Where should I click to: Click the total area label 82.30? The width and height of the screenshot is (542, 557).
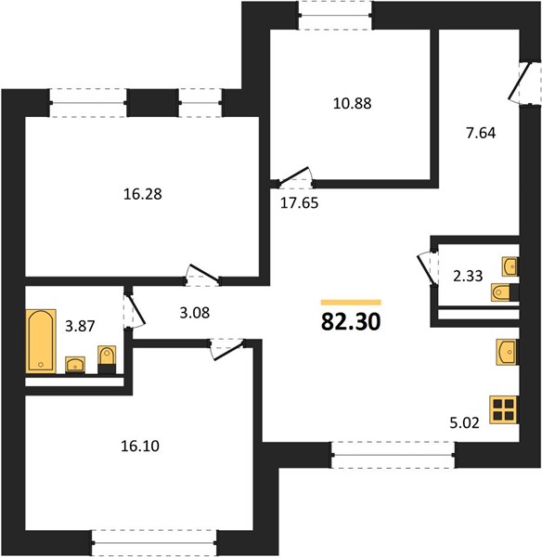[x=351, y=322]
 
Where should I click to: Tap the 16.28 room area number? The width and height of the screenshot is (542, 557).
[x=142, y=194]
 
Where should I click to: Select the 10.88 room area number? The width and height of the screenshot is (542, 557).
[x=353, y=103]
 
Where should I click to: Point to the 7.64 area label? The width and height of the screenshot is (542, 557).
[x=481, y=133]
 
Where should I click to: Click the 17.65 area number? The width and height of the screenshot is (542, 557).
[x=300, y=203]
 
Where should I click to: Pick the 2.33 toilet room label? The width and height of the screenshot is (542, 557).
[x=468, y=276]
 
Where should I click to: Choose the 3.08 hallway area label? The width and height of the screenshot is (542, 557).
[x=195, y=313]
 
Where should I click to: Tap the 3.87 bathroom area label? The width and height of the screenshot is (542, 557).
[x=80, y=326]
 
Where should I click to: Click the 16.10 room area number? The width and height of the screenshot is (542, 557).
[x=140, y=446]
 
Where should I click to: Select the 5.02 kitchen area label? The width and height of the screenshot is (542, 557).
[x=465, y=423]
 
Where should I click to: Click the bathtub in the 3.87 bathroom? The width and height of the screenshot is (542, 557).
[x=41, y=341]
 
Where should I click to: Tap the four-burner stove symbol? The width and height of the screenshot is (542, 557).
[x=504, y=409]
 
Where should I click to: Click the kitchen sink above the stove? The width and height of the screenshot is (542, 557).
[x=508, y=352]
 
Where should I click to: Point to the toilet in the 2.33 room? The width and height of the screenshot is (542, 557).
[x=505, y=292]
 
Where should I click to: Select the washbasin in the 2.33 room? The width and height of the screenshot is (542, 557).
[x=510, y=266]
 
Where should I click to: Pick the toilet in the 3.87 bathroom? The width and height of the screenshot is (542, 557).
[x=107, y=359]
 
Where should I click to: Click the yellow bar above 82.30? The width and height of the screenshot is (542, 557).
[x=351, y=303]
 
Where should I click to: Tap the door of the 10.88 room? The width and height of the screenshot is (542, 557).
[x=295, y=176]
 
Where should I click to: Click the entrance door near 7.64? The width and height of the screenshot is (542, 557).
[x=520, y=84]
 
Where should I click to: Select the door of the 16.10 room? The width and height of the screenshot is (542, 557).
[x=227, y=350]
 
